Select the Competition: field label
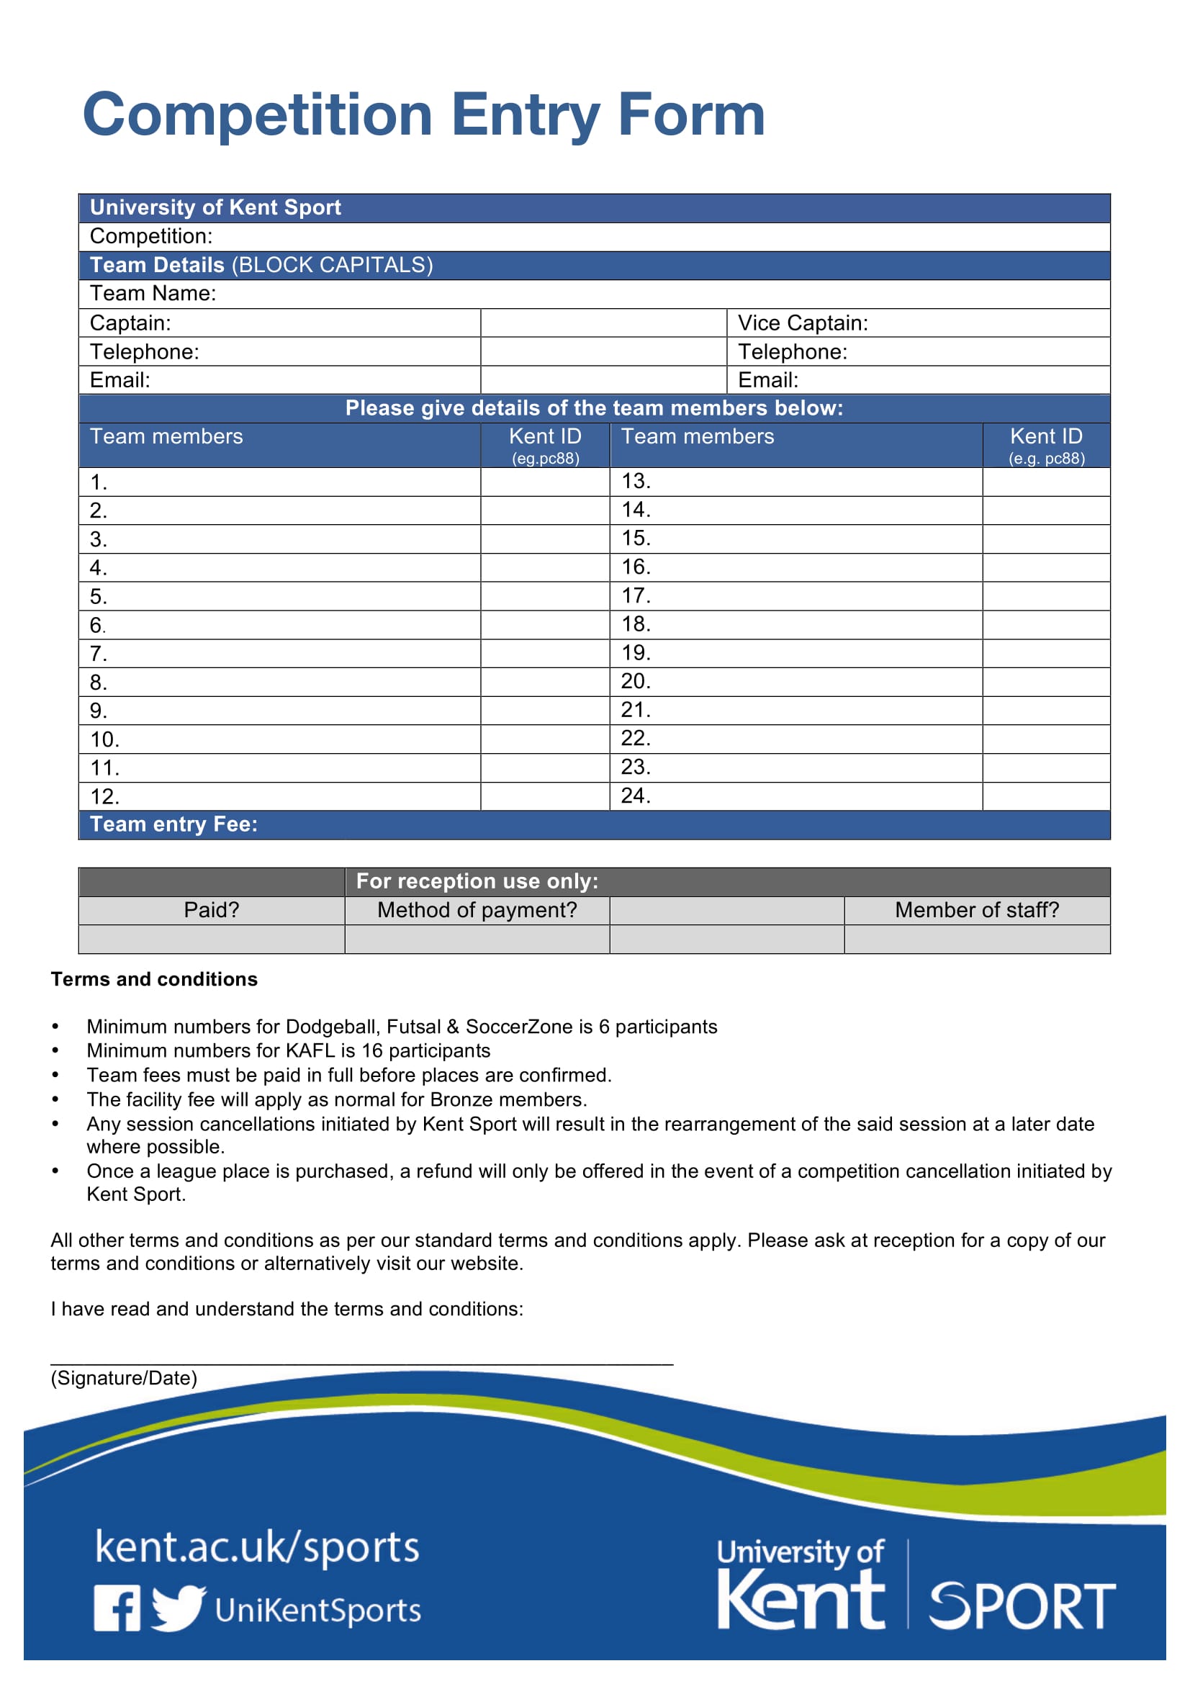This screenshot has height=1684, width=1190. [151, 236]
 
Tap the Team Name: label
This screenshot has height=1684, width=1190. [153, 293]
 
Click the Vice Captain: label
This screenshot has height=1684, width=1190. [802, 323]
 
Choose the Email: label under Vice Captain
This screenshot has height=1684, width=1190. [767, 380]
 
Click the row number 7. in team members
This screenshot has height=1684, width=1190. [98, 654]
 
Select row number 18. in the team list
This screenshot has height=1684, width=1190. [635, 624]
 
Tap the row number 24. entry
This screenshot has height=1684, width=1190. [635, 796]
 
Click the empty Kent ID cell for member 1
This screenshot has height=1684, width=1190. [545, 482]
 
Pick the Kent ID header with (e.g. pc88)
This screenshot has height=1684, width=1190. [1045, 444]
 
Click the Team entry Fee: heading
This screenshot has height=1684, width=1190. [173, 824]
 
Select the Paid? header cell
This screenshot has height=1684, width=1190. [211, 910]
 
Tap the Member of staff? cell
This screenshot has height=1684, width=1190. [977, 910]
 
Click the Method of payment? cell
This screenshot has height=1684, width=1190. [477, 910]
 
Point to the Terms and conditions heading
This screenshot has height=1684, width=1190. [154, 979]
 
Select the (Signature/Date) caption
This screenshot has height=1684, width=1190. [124, 1378]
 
